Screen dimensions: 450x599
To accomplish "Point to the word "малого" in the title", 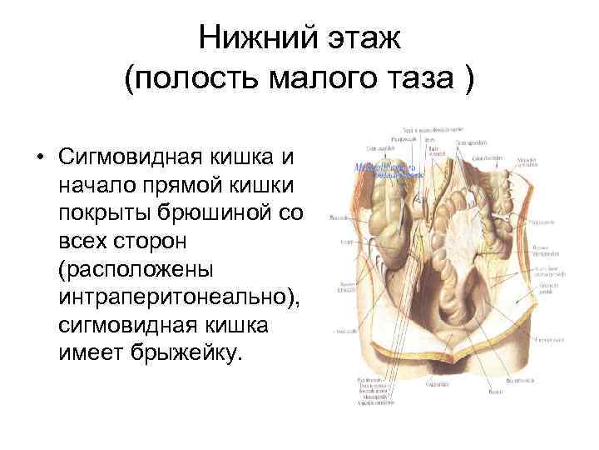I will (307, 80).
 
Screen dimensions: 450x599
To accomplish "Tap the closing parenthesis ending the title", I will (469, 80).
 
